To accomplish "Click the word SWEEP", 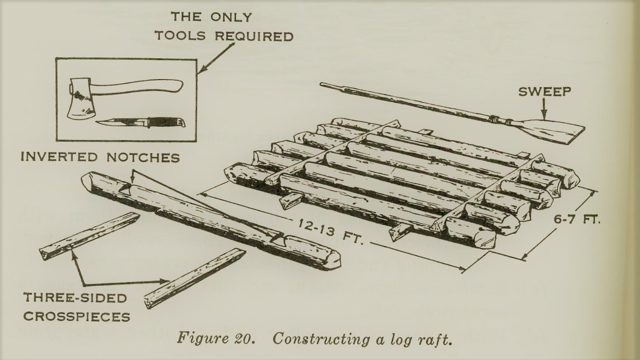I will coord(545,91).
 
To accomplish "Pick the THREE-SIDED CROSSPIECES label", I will coord(76,307).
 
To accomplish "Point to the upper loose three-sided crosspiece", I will coord(89,236).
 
